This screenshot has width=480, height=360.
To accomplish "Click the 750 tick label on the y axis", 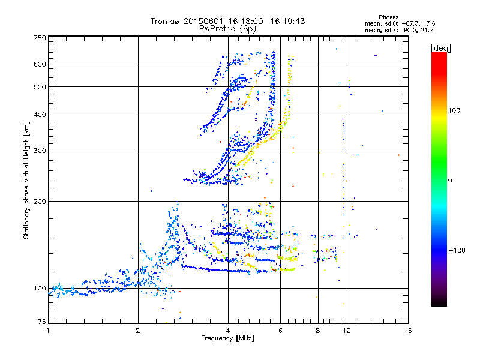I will pyautogui.click(x=40, y=37).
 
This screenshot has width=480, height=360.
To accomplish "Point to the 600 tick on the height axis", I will pyautogui.click(x=40, y=64).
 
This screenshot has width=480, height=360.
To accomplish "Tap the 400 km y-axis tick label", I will pyautogui.click(x=40, y=115).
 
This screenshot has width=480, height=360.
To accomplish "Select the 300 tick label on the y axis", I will pyautogui.click(x=40, y=151).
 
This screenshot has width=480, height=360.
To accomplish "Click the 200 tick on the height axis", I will pyautogui.click(x=40, y=201).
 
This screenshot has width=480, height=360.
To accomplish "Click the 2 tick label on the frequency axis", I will pyautogui.click(x=138, y=330).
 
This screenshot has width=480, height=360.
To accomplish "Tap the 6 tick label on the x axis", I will pyautogui.click(x=281, y=330).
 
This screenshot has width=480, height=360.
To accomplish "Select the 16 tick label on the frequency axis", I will pyautogui.click(x=407, y=330).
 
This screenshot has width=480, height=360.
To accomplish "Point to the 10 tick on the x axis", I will pyautogui.click(x=346, y=330).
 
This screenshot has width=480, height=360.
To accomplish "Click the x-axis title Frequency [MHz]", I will pyautogui.click(x=227, y=338).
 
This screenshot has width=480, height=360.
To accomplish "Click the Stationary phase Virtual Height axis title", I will pyautogui.click(x=27, y=180).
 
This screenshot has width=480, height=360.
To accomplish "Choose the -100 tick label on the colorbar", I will pyautogui.click(x=457, y=250).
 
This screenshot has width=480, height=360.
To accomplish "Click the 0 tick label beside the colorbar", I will pyautogui.click(x=451, y=180).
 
